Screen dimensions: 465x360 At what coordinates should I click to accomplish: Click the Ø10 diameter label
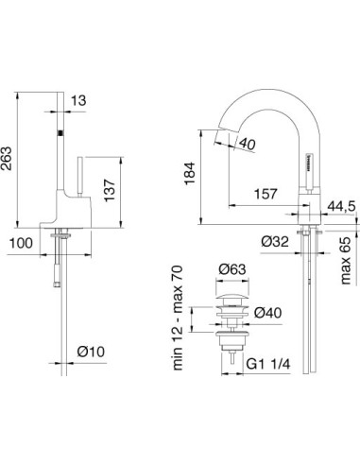point(92,353)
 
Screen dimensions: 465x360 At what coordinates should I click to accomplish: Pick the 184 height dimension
point(188,175)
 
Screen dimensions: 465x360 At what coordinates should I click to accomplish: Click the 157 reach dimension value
point(266,195)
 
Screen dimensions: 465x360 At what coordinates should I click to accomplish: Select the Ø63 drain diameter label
point(233,271)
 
